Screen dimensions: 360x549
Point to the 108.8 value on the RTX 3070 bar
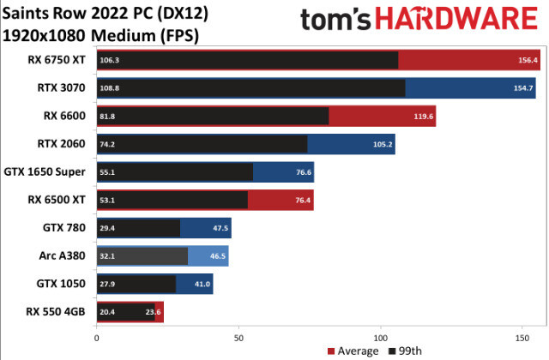pyautogui.click(x=110, y=88)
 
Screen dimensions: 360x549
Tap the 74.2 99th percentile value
pyautogui.click(x=109, y=144)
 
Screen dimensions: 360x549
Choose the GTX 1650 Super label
pyautogui.click(x=45, y=171)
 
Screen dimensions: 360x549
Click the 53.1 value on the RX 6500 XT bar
pyautogui.click(x=109, y=200)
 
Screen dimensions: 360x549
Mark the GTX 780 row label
pyautogui.click(x=64, y=228)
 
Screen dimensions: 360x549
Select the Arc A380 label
pyautogui.click(x=62, y=255)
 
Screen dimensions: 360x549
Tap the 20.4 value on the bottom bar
pyautogui.click(x=109, y=312)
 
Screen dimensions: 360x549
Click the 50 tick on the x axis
pyautogui.click(x=238, y=338)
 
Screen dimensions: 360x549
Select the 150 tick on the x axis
pyautogui.click(x=521, y=338)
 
